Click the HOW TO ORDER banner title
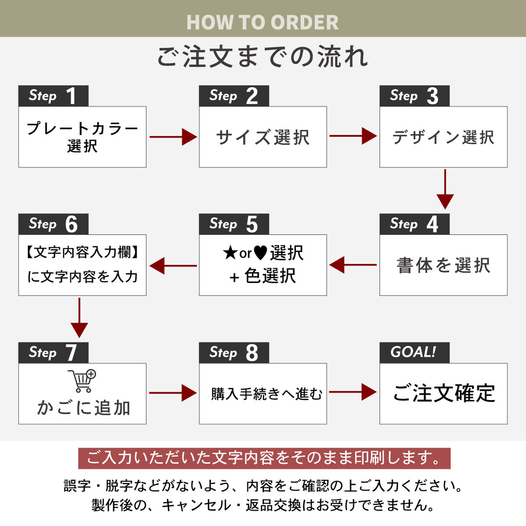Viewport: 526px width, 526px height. [x=263, y=22]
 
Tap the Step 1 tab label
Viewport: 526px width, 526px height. [x=53, y=96]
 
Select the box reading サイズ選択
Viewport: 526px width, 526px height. [x=263, y=137]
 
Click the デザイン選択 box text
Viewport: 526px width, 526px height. [x=443, y=137]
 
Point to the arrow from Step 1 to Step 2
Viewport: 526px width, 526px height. [x=173, y=137]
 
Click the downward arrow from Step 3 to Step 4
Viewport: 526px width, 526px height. [x=445, y=189]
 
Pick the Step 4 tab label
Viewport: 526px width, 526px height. [x=414, y=224]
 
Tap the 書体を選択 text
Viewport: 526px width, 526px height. [x=443, y=265]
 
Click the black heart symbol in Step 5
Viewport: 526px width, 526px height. [x=260, y=253]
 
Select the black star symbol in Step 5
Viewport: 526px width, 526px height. [x=230, y=253]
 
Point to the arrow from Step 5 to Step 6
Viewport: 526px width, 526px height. [x=173, y=266]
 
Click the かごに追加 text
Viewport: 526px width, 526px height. [x=83, y=408]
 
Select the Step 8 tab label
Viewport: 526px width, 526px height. [x=234, y=352]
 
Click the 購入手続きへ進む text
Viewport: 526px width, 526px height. [x=266, y=394]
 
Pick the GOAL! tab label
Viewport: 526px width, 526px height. [x=414, y=352]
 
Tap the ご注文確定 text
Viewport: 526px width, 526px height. [x=444, y=393]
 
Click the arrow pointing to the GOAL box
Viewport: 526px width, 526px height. [x=353, y=392]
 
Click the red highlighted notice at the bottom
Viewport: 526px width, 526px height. [x=264, y=458]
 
